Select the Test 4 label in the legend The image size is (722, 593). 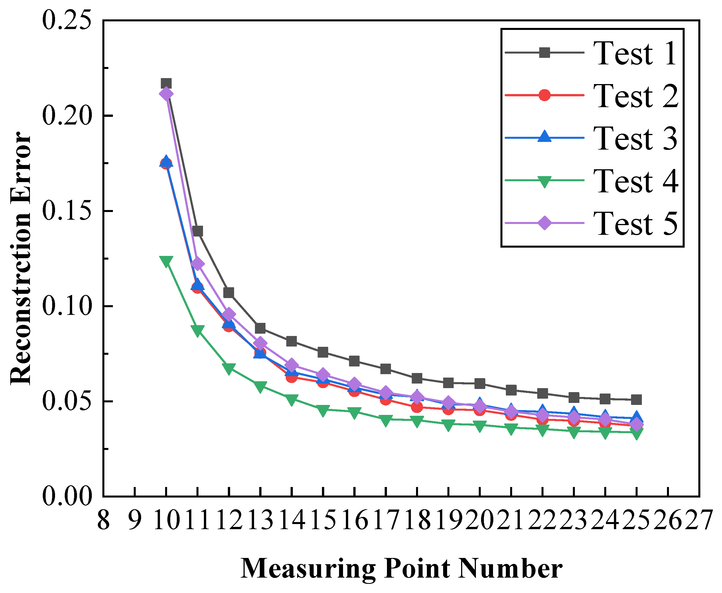[635, 181]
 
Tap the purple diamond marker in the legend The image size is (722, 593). [544, 223]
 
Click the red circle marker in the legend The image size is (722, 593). [544, 95]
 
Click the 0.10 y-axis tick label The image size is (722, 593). [67, 306]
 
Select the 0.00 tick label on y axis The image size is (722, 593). [67, 496]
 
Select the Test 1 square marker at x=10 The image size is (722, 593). [166, 83]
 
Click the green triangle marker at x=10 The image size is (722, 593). [166, 261]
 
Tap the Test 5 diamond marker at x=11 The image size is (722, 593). [198, 264]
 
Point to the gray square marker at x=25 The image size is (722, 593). [636, 399]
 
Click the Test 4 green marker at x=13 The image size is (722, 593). [260, 387]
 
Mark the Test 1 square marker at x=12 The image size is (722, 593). [229, 293]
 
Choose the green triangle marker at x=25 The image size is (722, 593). [636, 434]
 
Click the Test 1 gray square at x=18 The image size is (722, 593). [417, 378]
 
